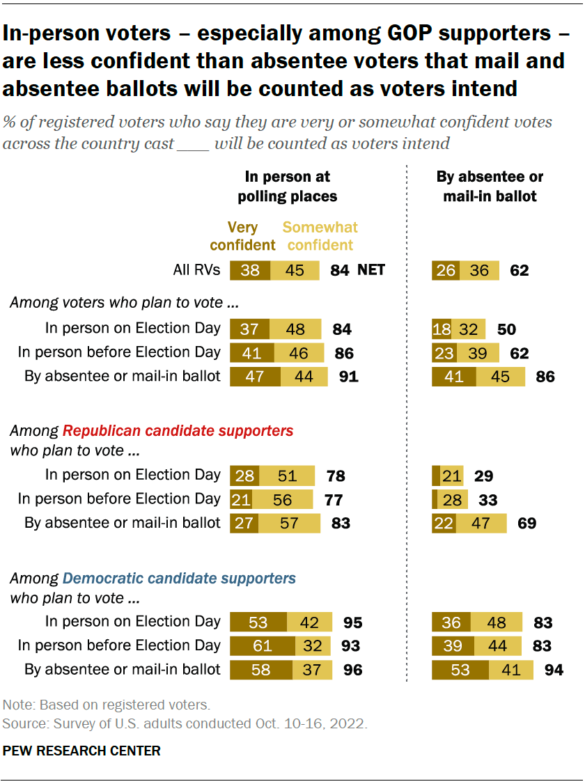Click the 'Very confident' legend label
pyautogui.click(x=242, y=236)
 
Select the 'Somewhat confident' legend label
pyautogui.click(x=320, y=236)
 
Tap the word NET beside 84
pyautogui.click(x=371, y=270)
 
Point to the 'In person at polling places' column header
pyautogui.click(x=287, y=187)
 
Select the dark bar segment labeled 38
pyautogui.click(x=250, y=270)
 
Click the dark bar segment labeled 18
pyautogui.click(x=442, y=329)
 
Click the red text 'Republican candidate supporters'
pyautogui.click(x=178, y=431)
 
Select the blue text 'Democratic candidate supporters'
pyautogui.click(x=179, y=578)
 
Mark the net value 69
pyautogui.click(x=526, y=523)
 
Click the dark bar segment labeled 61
pyautogui.click(x=263, y=646)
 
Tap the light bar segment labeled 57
pyautogui.click(x=289, y=523)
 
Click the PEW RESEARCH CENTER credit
pyautogui.click(x=81, y=751)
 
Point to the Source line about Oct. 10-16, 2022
pyautogui.click(x=185, y=723)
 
